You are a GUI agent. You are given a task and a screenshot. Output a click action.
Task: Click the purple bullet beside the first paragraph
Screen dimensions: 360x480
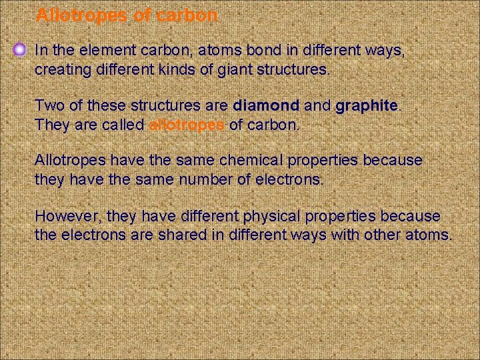tap(20, 49)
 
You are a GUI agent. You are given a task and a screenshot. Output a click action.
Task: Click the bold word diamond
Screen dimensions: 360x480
tap(266, 105)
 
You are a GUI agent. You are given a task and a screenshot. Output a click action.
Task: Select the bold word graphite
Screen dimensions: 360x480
tap(367, 105)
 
